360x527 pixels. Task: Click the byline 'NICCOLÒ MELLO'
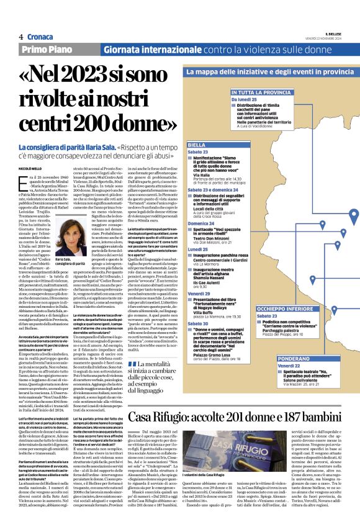[34, 168]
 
